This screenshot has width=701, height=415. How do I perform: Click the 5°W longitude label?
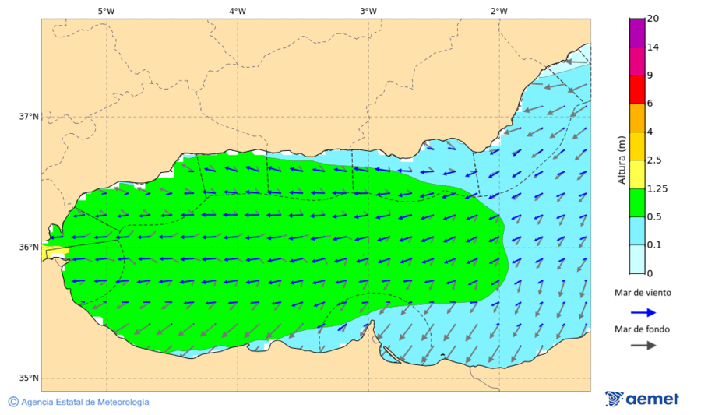point(106,11)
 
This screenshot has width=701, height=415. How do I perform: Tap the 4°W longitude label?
point(238,11)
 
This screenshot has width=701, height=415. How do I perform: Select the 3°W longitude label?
point(368,11)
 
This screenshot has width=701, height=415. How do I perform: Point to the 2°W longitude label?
point(499,11)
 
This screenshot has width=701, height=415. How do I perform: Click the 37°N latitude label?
point(29,117)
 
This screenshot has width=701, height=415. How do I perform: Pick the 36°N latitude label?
point(29,248)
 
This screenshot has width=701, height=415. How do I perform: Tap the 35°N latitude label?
point(29,378)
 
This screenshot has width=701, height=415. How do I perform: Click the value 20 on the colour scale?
point(653,19)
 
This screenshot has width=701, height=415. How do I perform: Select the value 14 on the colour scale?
point(653,47)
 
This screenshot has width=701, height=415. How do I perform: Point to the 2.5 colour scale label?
point(655,160)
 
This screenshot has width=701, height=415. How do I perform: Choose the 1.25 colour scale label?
point(657,188)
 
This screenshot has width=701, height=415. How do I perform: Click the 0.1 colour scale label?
point(655,245)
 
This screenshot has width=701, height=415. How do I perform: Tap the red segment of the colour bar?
point(637,90)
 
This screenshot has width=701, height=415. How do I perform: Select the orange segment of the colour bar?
point(637,118)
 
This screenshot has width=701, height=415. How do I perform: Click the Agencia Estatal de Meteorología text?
point(85,402)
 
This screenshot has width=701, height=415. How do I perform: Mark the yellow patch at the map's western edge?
point(55,252)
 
